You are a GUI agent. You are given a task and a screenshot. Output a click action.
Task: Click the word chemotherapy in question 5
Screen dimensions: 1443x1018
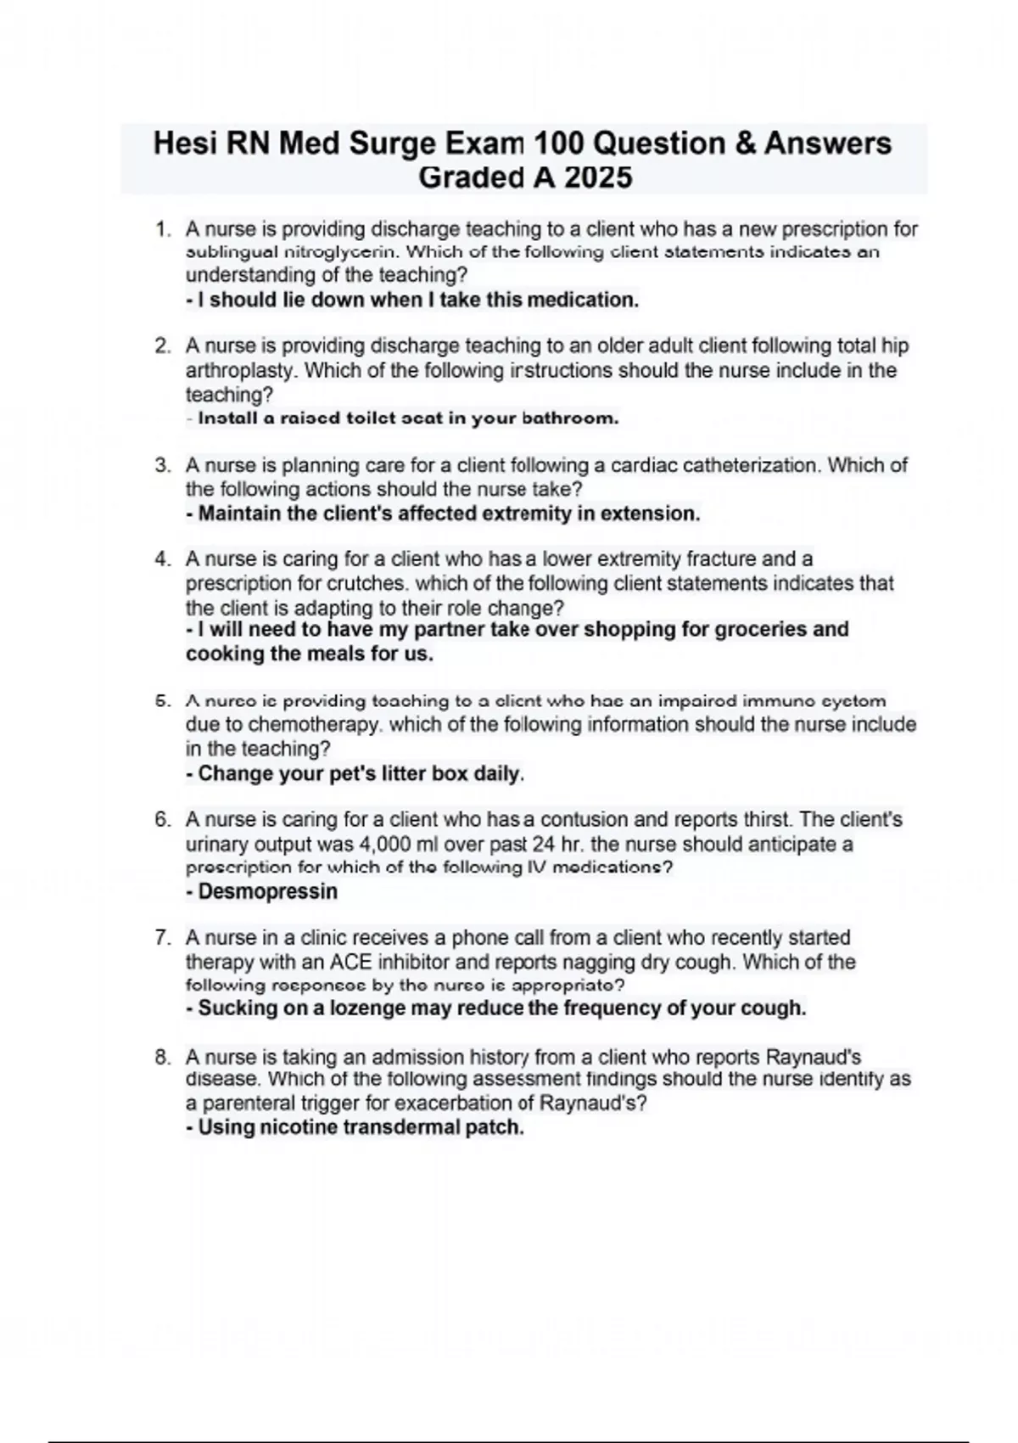[x=313, y=725]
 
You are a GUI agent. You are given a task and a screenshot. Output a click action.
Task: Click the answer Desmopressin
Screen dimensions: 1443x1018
[x=267, y=892]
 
